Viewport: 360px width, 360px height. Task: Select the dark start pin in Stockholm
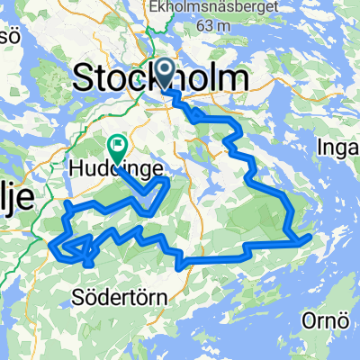[166, 70]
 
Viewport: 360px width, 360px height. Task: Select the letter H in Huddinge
[74, 166]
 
